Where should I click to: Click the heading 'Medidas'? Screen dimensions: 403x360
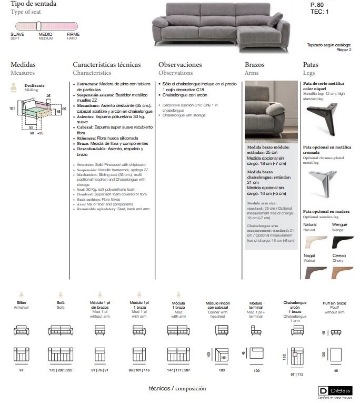point(23,65)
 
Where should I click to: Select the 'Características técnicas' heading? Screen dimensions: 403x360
point(107,65)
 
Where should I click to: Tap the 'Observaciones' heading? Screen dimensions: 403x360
point(180,65)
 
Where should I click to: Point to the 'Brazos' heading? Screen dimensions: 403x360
point(255,65)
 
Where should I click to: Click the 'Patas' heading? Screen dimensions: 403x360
point(311,65)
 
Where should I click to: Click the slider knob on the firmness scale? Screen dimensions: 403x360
point(38,25)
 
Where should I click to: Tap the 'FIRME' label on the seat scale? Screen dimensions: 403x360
point(73,34)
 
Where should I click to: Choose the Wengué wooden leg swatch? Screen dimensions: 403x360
point(342,242)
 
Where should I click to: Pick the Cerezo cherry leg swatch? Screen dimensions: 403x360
point(342,272)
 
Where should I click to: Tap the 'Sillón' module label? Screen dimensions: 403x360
point(22,303)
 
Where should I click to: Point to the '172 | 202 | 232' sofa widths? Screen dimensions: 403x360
point(60,371)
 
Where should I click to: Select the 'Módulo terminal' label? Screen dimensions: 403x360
point(256,306)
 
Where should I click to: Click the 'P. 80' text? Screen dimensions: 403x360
point(318,4)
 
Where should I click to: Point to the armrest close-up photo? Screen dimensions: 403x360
point(271,111)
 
